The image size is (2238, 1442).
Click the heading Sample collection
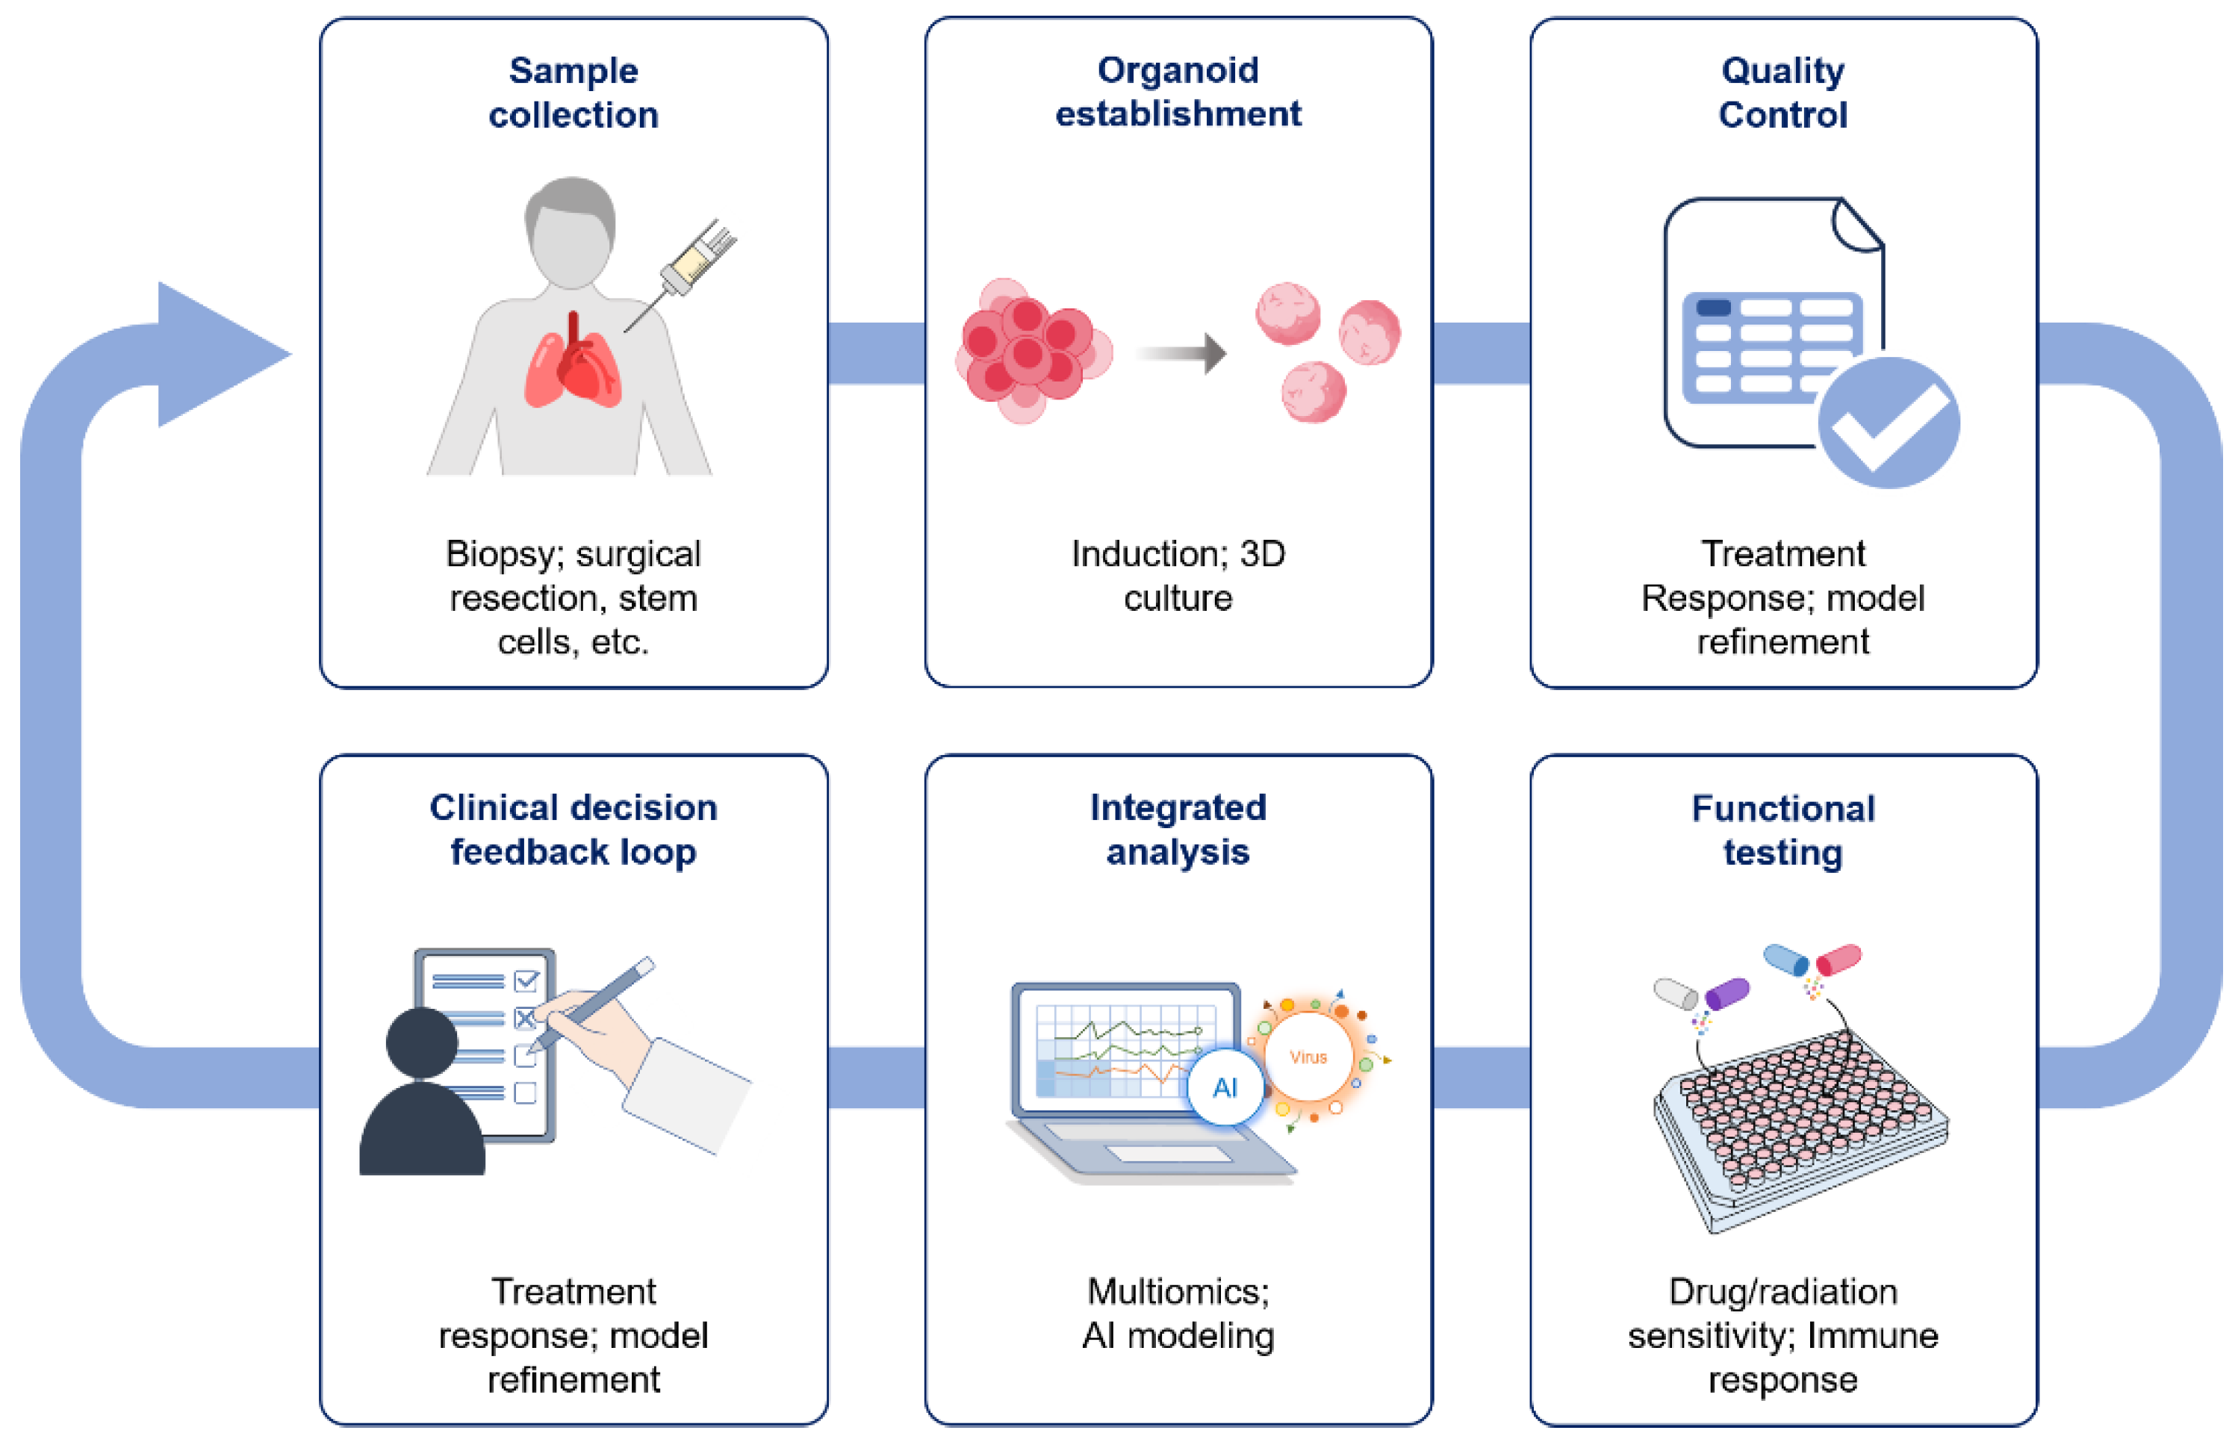coord(573,92)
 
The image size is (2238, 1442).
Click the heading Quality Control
coord(1782,92)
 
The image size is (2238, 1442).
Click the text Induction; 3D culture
coord(1178,575)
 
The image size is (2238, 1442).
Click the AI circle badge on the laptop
coord(1225,1087)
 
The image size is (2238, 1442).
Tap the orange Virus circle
coord(1308,1056)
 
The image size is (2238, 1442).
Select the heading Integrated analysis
coord(1178,829)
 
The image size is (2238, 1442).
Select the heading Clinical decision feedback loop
coord(573,829)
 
